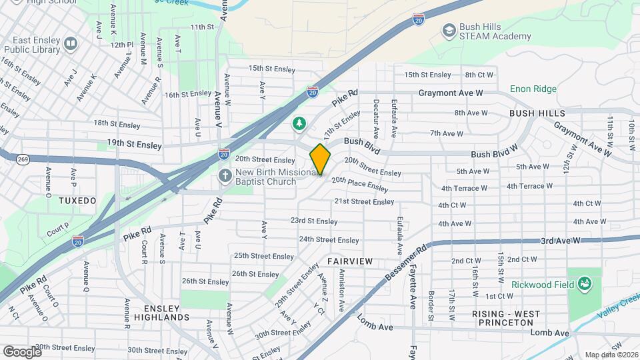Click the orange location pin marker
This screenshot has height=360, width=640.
tap(320, 159)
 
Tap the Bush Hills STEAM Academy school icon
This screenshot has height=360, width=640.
tap(449, 31)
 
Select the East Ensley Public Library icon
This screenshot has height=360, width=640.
tap(71, 44)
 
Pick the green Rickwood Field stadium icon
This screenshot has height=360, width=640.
tap(585, 285)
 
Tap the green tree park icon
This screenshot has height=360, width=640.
tap(300, 124)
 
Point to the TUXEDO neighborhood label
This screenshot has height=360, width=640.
tap(77, 201)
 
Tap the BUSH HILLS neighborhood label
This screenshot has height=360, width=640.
tap(537, 114)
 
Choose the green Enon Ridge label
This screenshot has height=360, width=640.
tap(533, 89)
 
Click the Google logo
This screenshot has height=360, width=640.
tap(22, 351)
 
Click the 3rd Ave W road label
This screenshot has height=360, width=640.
tap(561, 240)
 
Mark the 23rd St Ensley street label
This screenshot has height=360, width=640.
tap(314, 221)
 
